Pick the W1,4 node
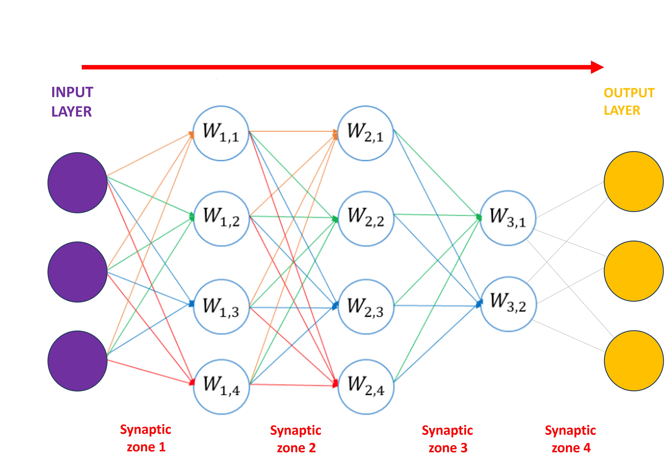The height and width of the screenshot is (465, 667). coord(221,387)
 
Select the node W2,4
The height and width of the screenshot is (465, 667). coord(366,387)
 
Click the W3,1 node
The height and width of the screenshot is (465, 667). coord(508,218)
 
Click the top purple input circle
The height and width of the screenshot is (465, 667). coord(78,183)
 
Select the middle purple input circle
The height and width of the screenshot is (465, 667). coord(78,272)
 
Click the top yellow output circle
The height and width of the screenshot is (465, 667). coord(634,182)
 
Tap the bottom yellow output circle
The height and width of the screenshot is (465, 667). coord(634,360)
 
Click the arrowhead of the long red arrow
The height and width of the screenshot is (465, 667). coord(597,67)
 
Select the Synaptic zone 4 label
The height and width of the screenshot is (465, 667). coord(571,439)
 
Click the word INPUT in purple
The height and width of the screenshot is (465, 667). coord(72,92)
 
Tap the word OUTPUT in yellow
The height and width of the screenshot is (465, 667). coord(629,93)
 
